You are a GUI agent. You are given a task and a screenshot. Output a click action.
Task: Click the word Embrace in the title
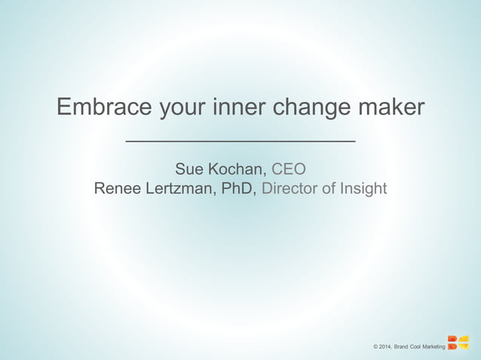102,108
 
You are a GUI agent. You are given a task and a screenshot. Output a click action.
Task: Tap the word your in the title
179,108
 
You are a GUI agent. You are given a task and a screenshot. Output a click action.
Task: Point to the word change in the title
311,108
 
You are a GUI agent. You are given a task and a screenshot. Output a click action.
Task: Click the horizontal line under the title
240,141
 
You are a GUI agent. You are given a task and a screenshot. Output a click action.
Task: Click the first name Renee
118,188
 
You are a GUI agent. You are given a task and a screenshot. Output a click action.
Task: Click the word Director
290,188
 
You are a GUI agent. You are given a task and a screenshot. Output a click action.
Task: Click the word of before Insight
328,188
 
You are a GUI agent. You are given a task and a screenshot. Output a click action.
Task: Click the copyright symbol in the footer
375,346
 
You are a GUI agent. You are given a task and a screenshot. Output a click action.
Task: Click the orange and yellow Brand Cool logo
458,343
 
